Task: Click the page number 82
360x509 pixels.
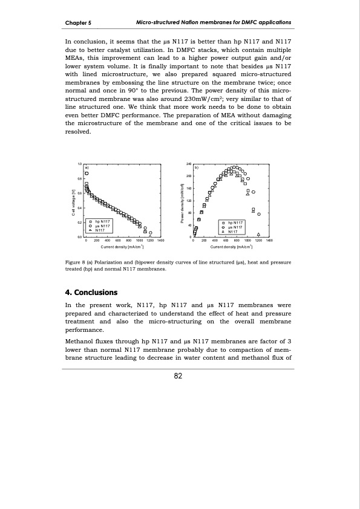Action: pos(178,376)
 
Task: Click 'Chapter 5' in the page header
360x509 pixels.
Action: pos(78,23)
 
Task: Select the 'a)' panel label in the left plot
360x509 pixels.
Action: pos(87,167)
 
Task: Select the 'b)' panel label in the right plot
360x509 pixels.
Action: pos(196,167)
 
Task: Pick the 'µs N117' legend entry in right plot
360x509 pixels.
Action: pos(235,227)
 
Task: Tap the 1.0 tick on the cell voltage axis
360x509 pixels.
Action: pos(80,164)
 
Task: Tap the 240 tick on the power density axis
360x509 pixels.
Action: pos(188,164)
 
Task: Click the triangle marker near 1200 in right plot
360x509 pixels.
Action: pos(258,234)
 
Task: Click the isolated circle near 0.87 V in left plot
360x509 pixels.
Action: pos(87,173)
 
